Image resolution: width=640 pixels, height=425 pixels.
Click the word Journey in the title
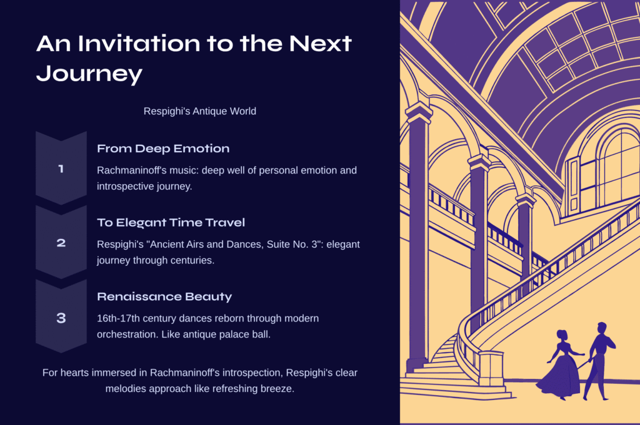(89, 74)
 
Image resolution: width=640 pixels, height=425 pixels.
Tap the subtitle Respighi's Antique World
(200, 111)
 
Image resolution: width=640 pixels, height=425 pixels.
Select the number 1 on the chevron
(61, 169)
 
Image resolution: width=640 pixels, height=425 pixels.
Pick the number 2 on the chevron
(61, 243)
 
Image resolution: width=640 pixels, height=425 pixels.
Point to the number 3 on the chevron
(61, 318)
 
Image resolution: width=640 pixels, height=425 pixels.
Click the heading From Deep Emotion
(163, 149)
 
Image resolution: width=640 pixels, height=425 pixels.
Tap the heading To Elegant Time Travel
(171, 222)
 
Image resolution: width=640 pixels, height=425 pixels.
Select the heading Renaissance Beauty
(164, 296)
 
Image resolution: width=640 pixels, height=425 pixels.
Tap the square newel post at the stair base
(491, 368)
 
